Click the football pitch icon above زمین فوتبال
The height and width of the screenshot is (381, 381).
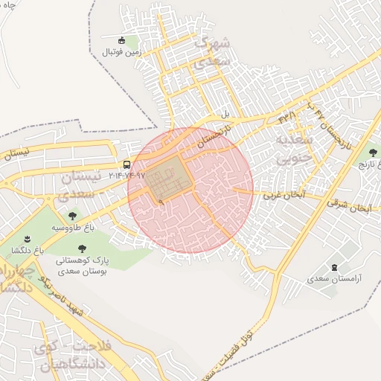124,39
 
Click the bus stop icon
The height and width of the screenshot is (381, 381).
127,165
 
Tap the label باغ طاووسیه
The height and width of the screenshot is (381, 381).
73,227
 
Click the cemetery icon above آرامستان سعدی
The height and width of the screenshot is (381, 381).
333,266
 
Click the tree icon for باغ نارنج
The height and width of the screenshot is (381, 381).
373,153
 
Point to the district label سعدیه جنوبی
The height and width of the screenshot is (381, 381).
290,150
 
